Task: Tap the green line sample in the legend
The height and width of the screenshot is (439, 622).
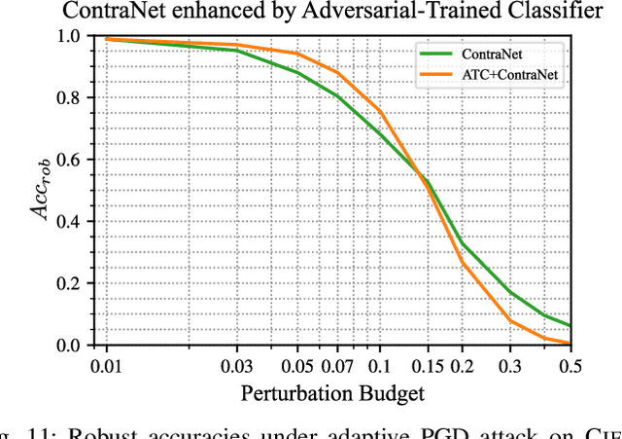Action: pos(437,54)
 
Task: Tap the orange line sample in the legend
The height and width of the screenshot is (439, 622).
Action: pos(437,73)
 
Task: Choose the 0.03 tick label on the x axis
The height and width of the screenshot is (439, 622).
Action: pos(236,366)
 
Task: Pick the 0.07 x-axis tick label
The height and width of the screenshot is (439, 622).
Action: pos(337,366)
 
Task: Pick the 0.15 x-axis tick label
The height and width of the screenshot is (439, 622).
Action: pos(427,366)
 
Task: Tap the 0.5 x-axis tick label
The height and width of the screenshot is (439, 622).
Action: pos(570,366)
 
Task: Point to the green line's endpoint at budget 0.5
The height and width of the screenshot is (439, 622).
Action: pos(570,325)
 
